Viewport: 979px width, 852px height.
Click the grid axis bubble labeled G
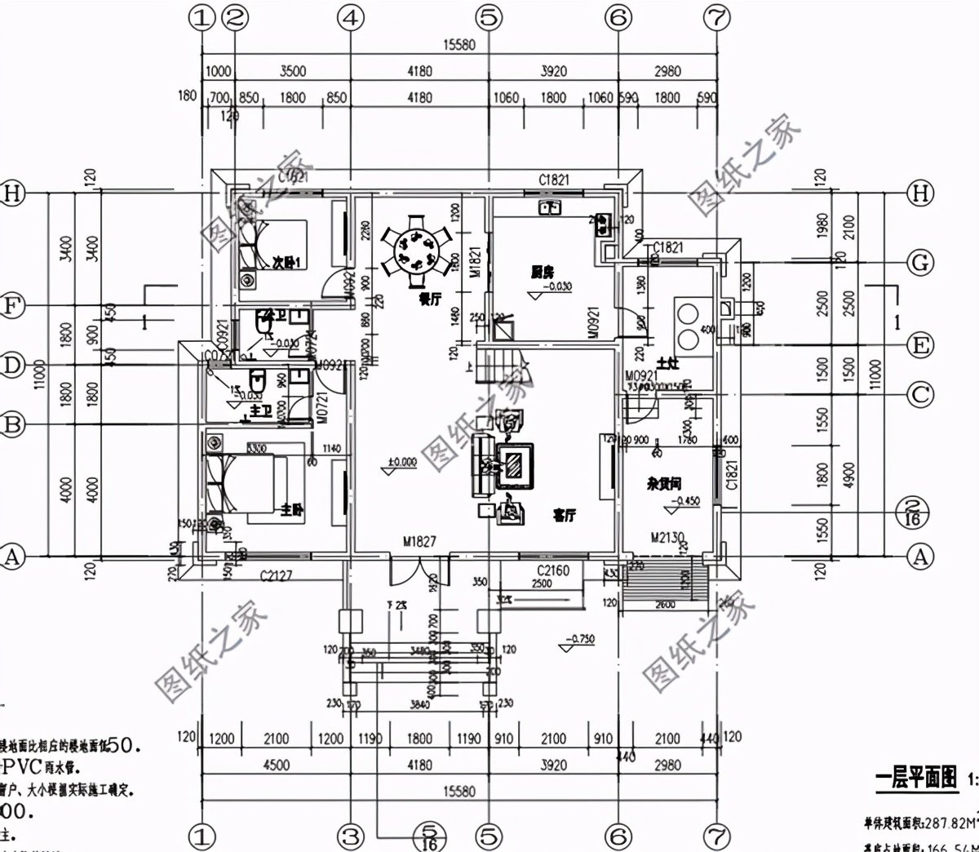[x=921, y=263]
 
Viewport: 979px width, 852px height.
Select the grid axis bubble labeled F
[x=13, y=305]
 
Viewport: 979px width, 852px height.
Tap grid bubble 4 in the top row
[x=351, y=16]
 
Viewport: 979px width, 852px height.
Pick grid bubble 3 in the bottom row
[x=351, y=836]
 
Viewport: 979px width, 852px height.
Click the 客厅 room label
[x=565, y=516]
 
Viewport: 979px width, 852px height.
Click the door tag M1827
[x=420, y=542]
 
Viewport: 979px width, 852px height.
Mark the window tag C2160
[x=552, y=570]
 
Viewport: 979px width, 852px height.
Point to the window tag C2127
[x=276, y=576]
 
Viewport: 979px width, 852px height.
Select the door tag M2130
[x=667, y=538]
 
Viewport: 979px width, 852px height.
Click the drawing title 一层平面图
[x=916, y=779]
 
